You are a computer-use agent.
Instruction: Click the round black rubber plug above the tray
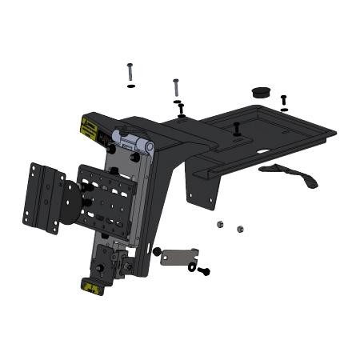pos(261,92)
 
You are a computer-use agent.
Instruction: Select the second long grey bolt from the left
pos(175,87)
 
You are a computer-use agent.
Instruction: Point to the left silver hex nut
pos(220,225)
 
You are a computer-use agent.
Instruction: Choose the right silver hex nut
pos(239,229)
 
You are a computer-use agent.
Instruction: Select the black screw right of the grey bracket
pos(204,271)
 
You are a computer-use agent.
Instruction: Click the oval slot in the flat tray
pos(265,150)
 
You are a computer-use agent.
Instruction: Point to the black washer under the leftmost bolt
pos(130,86)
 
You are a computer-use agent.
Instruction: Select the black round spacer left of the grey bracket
pos(157,251)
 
